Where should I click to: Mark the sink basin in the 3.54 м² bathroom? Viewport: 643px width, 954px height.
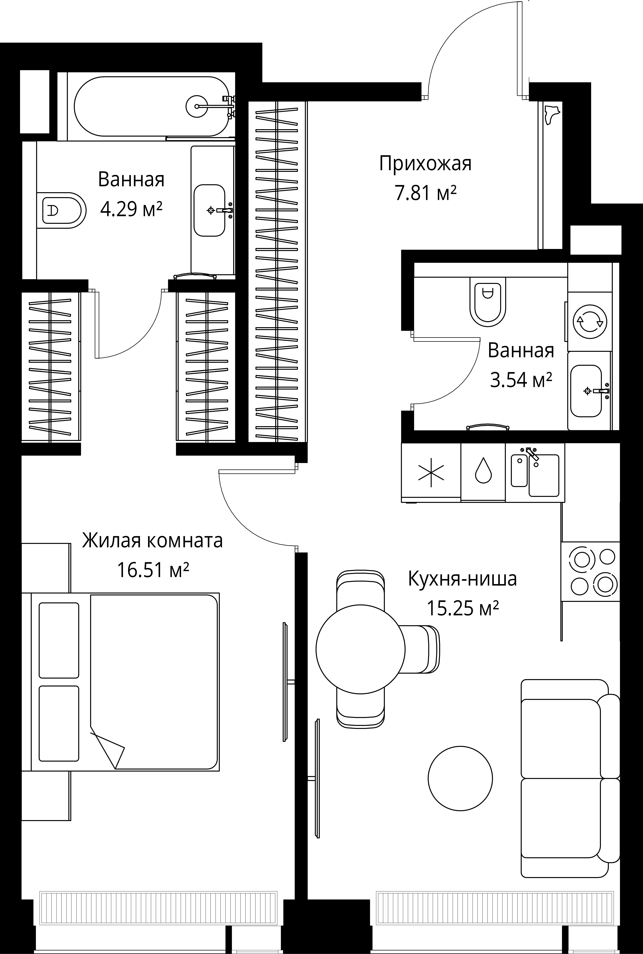586,391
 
